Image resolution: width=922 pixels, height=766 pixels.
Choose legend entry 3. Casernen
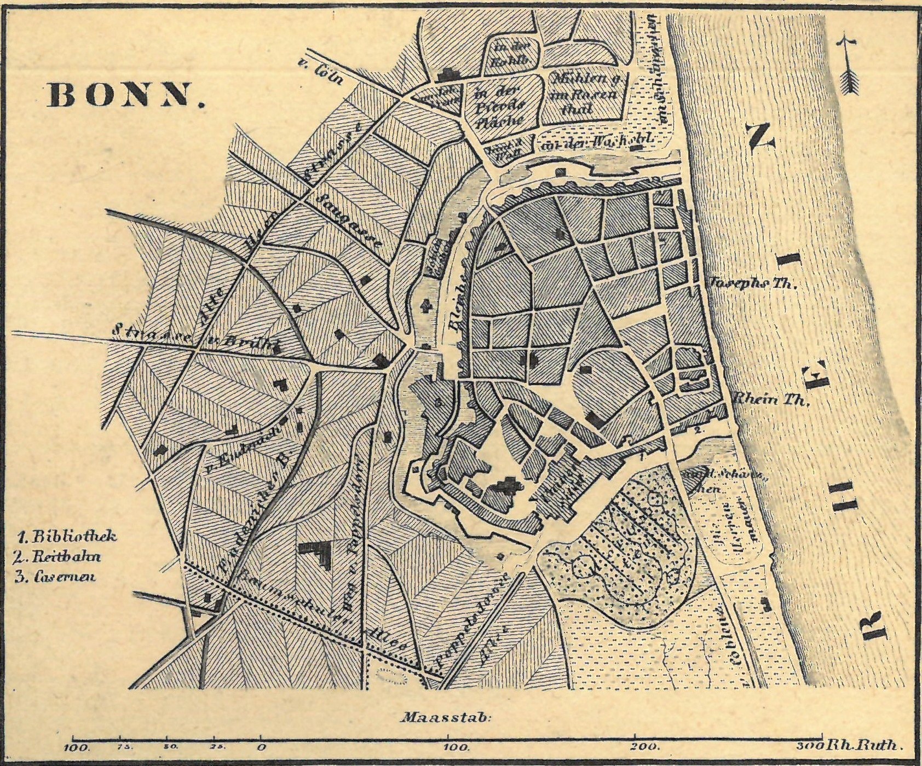(56, 577)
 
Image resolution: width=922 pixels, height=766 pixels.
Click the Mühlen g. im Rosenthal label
(585, 94)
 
